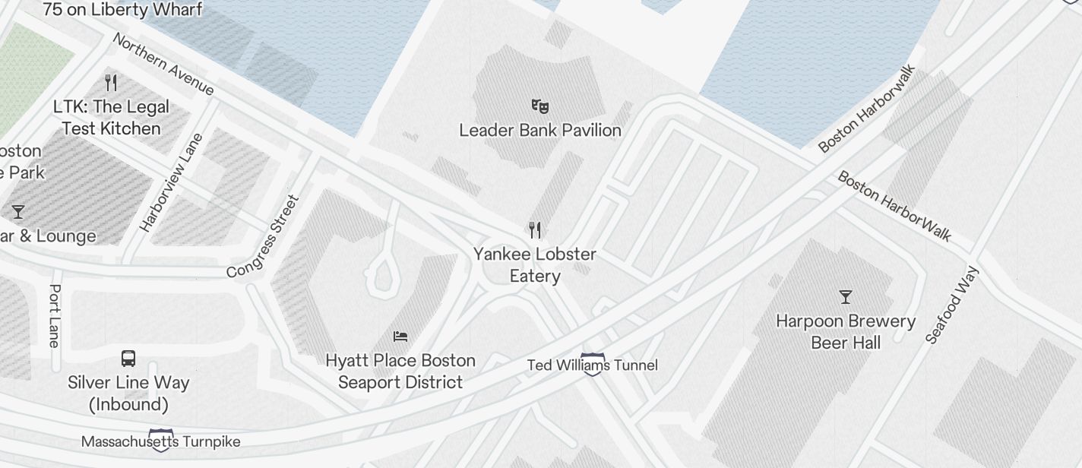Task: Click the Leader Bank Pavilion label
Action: click(540, 131)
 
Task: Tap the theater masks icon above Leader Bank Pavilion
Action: click(540, 106)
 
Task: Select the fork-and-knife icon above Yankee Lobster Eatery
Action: click(535, 229)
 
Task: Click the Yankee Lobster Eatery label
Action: click(535, 265)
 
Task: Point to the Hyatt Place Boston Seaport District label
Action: click(400, 372)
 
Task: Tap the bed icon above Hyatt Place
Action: click(400, 336)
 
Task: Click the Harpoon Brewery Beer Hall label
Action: click(846, 332)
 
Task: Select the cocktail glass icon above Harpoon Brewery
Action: click(845, 296)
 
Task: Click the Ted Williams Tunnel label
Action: click(593, 365)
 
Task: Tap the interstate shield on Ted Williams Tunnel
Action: click(593, 362)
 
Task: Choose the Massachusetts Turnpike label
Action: click(160, 441)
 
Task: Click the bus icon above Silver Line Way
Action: click(128, 359)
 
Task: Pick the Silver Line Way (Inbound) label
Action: click(128, 394)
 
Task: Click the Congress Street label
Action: click(264, 237)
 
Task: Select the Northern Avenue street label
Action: click(163, 64)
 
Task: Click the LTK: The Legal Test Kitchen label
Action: click(111, 118)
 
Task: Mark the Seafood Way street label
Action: click(954, 305)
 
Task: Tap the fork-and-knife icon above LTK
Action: click(111, 82)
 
